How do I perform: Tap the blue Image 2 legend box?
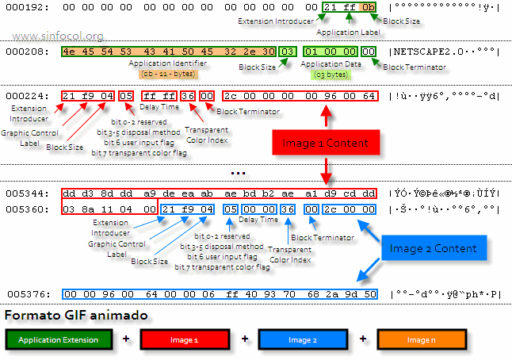301,339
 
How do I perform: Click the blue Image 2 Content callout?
432,248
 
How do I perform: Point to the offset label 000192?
29,9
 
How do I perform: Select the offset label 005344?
29,193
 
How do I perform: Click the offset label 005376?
29,294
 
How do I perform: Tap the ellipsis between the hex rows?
237,171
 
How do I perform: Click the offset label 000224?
29,97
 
